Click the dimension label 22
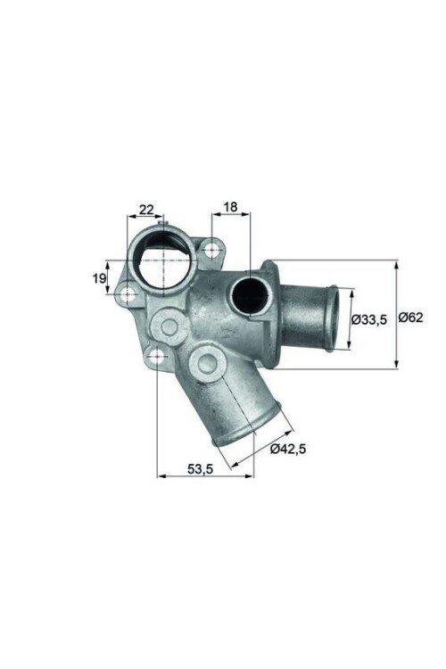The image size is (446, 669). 145,211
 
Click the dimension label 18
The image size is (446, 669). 230,207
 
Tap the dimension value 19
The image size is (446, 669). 97,278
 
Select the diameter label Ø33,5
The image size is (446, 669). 369,318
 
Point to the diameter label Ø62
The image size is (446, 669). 411,317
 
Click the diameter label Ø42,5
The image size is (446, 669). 288,449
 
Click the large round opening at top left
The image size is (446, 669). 162,260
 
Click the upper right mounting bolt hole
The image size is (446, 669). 211,250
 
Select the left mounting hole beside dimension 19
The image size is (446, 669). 129,293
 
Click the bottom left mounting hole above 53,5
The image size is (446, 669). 157,358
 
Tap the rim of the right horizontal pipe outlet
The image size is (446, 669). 332,318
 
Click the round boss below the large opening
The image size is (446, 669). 169,326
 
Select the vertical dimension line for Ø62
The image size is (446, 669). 396,314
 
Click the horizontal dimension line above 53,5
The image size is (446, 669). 204,476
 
